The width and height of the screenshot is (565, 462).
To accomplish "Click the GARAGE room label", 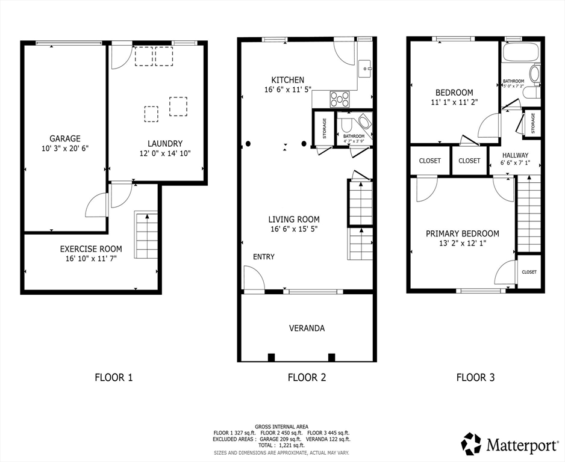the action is click(65, 138).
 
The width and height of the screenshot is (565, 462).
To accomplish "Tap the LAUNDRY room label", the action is click(165, 144).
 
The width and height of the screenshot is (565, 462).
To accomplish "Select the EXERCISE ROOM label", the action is click(91, 249).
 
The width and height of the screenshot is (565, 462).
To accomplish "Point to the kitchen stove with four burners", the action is click(340, 99).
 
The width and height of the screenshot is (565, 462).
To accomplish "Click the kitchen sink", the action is click(365, 68).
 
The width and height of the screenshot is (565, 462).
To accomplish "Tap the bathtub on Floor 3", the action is click(521, 52).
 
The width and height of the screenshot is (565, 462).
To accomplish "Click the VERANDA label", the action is click(307, 328).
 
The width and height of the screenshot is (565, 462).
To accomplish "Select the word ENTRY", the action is click(264, 257).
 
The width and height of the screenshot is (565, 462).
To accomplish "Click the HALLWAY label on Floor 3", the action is click(515, 155).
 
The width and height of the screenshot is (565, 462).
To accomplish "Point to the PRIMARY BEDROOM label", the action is click(463, 234).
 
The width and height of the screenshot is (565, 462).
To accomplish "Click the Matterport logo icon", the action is click(471, 443).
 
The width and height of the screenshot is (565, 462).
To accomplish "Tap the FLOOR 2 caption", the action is click(307, 377).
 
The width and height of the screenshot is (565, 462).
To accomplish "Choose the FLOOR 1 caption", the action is click(114, 377).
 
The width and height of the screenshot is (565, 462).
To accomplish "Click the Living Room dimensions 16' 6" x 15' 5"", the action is click(294, 229).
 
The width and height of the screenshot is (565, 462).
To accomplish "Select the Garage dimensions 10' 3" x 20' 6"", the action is click(65, 148).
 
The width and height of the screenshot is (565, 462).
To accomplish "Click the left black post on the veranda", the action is click(271, 357).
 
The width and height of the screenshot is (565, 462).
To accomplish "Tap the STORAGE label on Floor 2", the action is click(324, 129).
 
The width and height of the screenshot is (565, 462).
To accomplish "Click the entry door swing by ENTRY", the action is click(254, 277).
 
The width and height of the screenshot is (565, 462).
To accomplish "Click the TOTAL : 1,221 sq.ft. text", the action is click(281, 445).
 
